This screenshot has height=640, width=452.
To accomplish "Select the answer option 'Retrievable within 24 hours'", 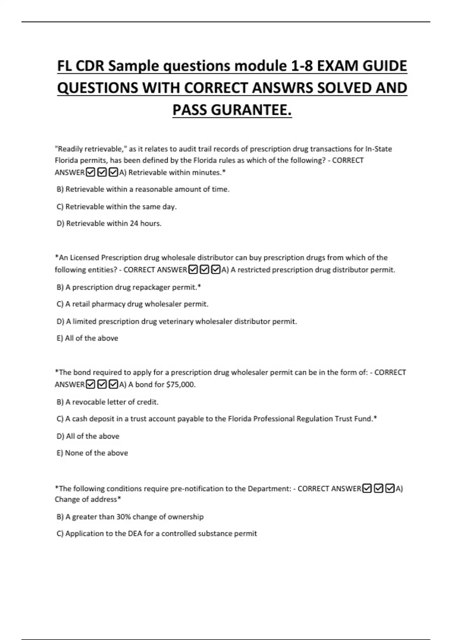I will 109,224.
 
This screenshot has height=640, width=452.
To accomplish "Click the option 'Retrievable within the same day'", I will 116,207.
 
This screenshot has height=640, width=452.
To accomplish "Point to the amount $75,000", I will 180,385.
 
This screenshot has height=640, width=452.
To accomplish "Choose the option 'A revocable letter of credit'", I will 107,402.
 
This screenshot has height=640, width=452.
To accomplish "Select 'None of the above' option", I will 92,453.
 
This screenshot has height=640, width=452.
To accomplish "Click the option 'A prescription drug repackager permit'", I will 128,287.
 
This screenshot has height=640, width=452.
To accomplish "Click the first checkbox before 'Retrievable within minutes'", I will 90,173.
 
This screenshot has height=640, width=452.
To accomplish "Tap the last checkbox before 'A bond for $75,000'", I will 113,385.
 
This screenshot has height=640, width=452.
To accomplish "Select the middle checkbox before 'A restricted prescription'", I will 204,270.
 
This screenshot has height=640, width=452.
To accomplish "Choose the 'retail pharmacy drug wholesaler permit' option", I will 132,304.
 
